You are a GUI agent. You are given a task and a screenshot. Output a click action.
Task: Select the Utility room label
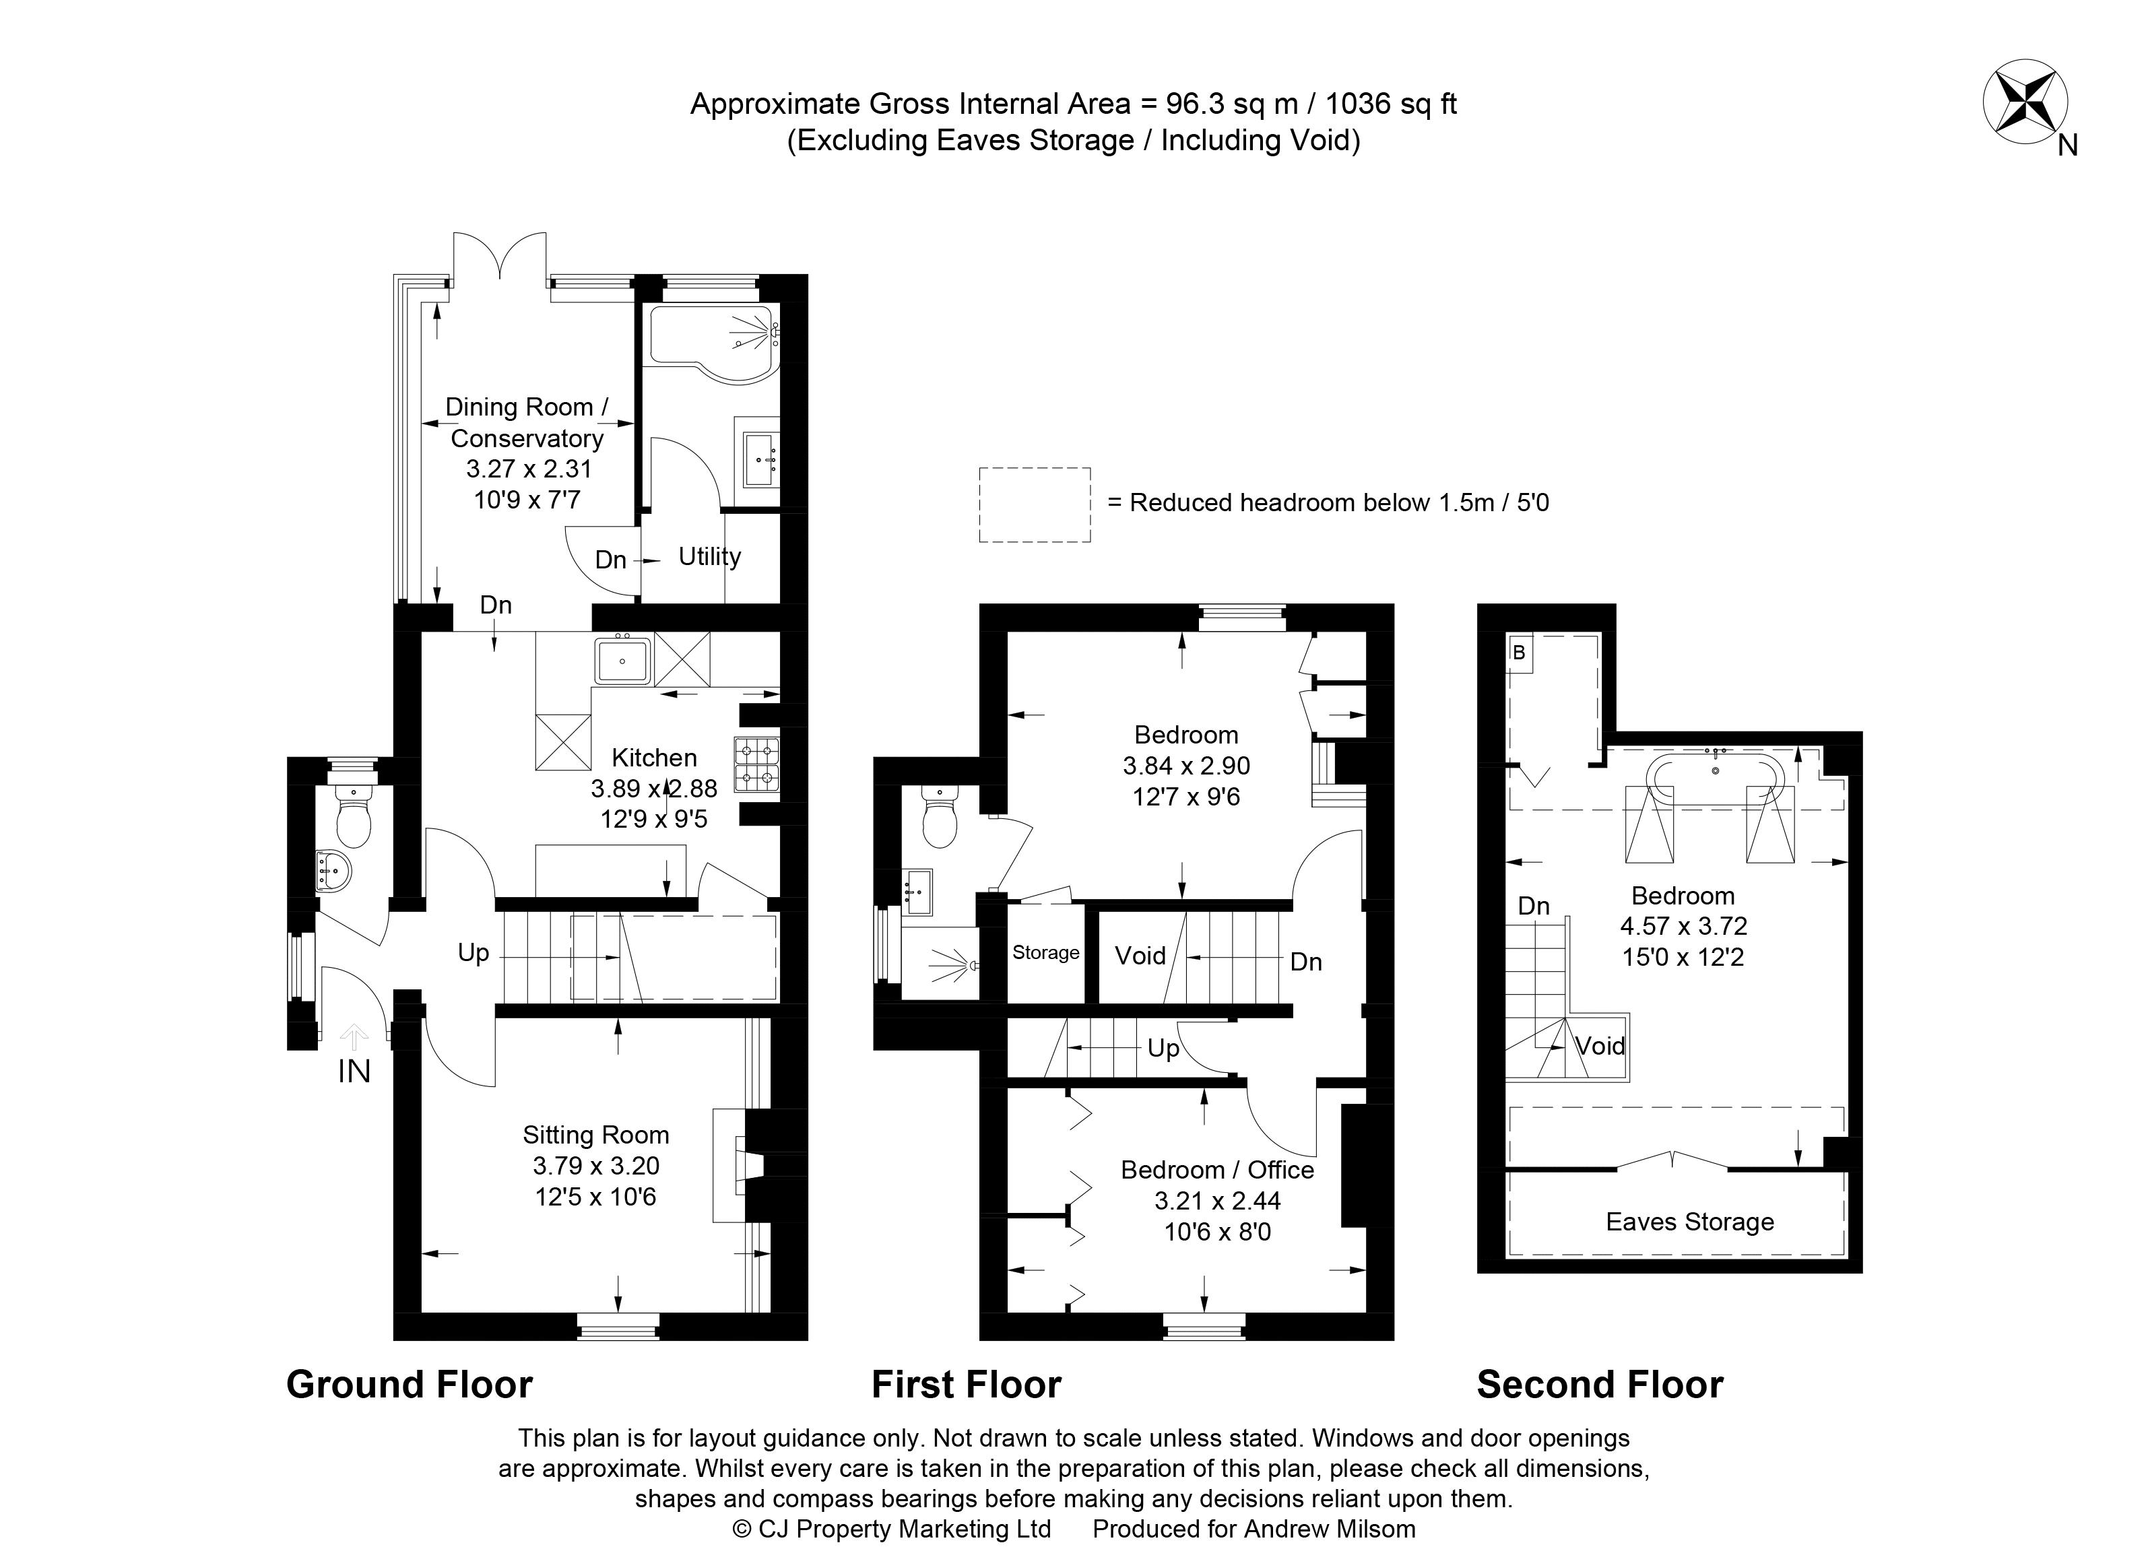click(709, 557)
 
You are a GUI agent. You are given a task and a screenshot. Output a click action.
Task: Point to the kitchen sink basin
click(622, 660)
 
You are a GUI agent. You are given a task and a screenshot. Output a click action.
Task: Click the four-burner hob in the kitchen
click(756, 764)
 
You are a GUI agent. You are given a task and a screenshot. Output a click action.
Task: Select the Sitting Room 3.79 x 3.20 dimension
click(595, 1166)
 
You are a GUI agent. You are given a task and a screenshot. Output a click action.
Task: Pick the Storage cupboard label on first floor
click(1045, 952)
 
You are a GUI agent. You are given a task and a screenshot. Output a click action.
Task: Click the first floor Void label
click(1140, 956)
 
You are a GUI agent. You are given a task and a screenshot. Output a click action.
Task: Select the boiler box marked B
click(1519, 653)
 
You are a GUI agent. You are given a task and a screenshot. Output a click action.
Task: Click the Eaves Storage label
click(1689, 1222)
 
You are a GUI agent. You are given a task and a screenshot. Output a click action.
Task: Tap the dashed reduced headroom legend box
click(1034, 504)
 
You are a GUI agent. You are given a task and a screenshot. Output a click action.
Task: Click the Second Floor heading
click(1600, 1385)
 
